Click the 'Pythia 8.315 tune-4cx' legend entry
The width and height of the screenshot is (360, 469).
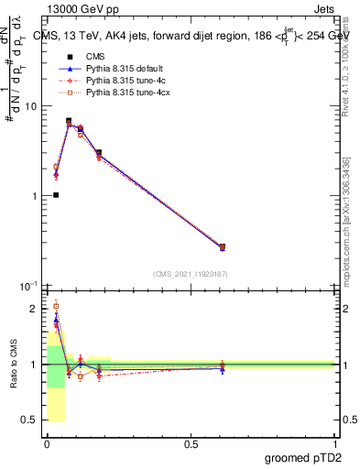click(120, 93)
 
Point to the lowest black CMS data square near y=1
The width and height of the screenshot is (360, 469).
click(56, 195)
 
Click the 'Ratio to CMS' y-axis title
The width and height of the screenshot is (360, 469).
click(13, 377)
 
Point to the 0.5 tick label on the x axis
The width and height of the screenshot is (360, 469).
click(191, 444)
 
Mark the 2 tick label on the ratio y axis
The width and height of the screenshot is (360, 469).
click(34, 309)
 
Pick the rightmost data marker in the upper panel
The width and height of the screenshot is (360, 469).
click(223, 246)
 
